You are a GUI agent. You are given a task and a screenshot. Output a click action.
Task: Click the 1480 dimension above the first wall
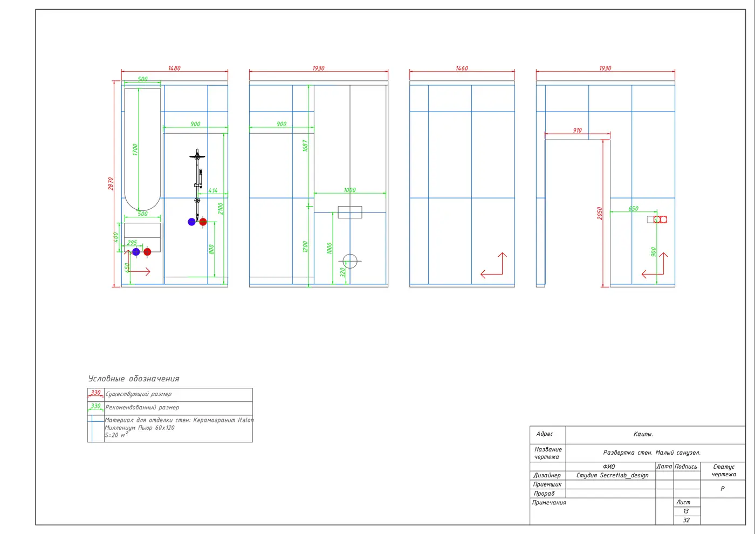click(x=174, y=68)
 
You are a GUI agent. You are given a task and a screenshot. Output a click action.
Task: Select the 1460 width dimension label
click(x=462, y=68)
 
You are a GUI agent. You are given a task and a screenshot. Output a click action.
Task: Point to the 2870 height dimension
click(x=111, y=184)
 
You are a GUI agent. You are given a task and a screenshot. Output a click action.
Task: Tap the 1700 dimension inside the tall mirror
click(x=135, y=150)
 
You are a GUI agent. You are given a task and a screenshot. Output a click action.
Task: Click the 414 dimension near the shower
click(x=212, y=190)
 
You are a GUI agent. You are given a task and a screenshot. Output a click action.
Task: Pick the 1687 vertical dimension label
click(x=305, y=146)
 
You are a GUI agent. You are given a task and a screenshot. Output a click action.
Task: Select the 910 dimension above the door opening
click(x=577, y=130)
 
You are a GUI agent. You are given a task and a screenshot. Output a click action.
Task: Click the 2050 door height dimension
click(x=599, y=214)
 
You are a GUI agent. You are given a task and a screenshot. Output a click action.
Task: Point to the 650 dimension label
click(x=633, y=208)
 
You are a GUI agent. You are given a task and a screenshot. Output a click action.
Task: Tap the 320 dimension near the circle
click(x=342, y=272)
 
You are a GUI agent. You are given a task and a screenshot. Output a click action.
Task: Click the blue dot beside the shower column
click(x=191, y=222)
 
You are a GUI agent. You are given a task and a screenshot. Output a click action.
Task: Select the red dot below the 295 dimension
click(x=147, y=252)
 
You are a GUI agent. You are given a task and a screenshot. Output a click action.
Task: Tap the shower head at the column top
click(x=197, y=156)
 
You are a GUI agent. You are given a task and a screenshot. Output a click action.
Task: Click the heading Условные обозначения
click(x=134, y=379)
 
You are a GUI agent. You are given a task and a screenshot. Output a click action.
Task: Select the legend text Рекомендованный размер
click(x=142, y=407)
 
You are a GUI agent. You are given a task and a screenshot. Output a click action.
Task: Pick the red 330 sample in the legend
click(x=95, y=393)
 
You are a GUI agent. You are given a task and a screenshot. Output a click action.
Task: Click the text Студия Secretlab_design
click(x=612, y=475)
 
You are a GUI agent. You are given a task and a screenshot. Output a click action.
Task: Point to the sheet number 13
click(x=685, y=511)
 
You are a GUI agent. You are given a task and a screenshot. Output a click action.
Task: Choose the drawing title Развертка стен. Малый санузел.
click(x=651, y=453)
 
